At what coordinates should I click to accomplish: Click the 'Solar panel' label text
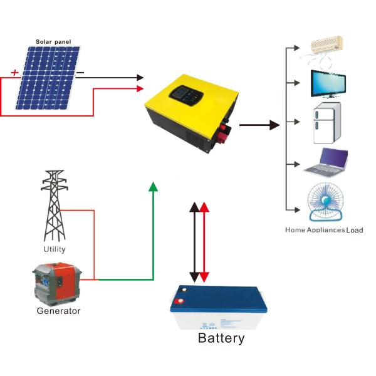[53, 42]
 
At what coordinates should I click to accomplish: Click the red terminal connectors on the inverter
[224, 132]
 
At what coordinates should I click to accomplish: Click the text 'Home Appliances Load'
[324, 231]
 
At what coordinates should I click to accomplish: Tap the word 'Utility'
[54, 250]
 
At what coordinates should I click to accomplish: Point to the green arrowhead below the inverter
[153, 186]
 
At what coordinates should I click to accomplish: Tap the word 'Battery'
[221, 339]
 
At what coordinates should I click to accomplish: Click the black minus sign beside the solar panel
[80, 73]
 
